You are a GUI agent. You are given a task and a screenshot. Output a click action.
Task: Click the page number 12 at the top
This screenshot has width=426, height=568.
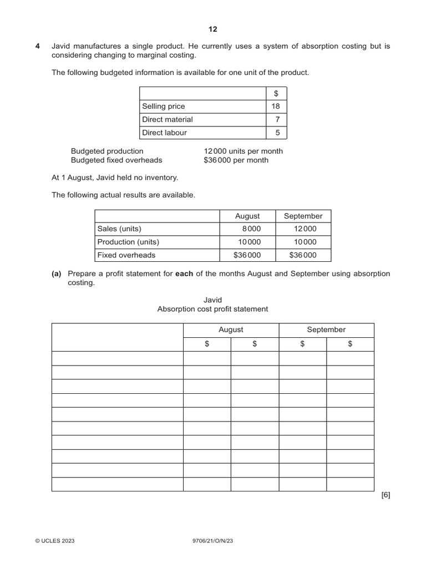click(x=213, y=29)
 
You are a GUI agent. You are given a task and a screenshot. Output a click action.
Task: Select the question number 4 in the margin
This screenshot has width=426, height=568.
click(x=38, y=46)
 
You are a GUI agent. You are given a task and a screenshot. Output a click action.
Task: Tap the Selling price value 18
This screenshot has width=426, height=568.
click(x=276, y=106)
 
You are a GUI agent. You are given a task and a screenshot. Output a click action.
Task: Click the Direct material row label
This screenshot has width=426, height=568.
click(x=168, y=119)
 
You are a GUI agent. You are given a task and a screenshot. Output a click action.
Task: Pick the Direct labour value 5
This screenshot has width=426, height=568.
click(x=277, y=133)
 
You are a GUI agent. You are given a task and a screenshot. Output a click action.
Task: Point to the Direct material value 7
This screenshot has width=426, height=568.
click(x=277, y=119)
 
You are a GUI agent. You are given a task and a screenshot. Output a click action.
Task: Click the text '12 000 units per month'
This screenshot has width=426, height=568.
click(x=243, y=151)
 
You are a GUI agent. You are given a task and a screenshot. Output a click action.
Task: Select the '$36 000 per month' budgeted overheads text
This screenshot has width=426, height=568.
click(x=236, y=160)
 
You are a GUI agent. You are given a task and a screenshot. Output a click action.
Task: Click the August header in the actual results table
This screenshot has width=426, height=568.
click(x=247, y=216)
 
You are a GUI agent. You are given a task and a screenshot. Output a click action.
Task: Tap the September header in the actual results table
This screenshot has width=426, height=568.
click(x=303, y=216)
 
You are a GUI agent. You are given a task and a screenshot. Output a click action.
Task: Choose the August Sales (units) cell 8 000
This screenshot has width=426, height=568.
click(x=250, y=229)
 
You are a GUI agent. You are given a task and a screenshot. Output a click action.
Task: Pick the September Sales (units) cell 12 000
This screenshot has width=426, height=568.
click(x=305, y=229)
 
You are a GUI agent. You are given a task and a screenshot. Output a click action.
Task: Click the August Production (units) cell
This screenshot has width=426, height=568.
click(x=249, y=242)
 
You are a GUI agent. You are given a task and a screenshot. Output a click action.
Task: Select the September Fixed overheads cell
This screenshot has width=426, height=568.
click(x=303, y=255)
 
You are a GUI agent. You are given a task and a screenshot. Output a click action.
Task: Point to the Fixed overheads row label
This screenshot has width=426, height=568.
click(x=126, y=255)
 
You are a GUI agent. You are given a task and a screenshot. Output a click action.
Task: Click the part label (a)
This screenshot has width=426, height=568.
click(x=56, y=273)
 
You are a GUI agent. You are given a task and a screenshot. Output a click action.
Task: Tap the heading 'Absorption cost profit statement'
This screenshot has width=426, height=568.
click(x=212, y=309)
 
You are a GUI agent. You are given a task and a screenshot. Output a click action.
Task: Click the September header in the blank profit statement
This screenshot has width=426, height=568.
click(x=326, y=329)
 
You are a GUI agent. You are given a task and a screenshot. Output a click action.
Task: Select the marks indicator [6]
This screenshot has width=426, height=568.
click(x=386, y=495)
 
